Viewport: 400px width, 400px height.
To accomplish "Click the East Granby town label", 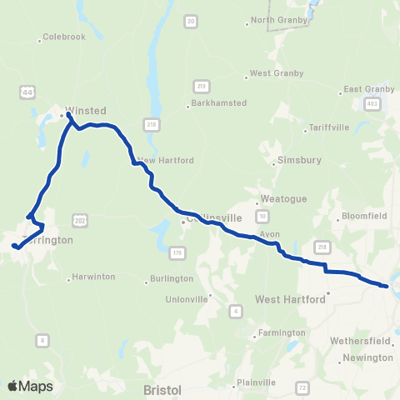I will pos(366,89).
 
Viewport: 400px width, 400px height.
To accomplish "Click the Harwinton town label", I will pos(92,277).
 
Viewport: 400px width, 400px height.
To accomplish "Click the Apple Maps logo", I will pos(30,386).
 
